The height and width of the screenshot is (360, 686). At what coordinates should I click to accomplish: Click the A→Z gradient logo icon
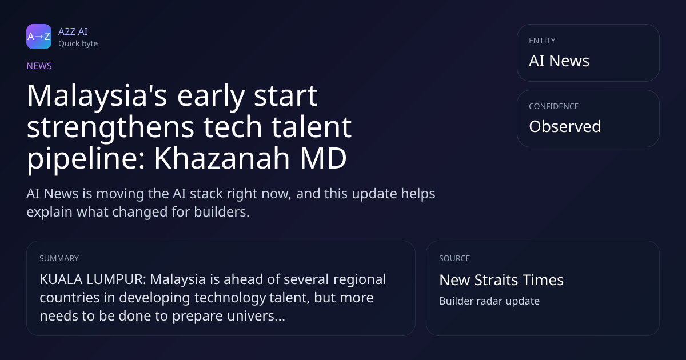pyautogui.click(x=39, y=37)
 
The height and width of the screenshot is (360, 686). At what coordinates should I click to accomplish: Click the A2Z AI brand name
pyautogui.click(x=73, y=31)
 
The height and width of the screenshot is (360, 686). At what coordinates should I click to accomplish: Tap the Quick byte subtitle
pyautogui.click(x=78, y=44)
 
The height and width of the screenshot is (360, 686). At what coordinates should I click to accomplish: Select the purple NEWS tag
pyautogui.click(x=39, y=66)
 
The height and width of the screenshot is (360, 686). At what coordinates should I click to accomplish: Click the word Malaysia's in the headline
pyautogui.click(x=97, y=96)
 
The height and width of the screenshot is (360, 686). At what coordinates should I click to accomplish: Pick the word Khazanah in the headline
pyautogui.click(x=222, y=158)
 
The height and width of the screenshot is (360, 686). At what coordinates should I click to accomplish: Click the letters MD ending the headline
pyautogui.click(x=323, y=158)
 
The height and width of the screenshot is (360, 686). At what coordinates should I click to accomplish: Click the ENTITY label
pyautogui.click(x=542, y=41)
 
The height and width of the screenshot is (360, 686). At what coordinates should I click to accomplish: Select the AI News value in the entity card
pyautogui.click(x=559, y=61)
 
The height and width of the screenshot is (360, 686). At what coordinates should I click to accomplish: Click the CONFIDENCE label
pyautogui.click(x=554, y=106)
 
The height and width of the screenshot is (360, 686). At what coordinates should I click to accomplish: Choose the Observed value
pyautogui.click(x=565, y=126)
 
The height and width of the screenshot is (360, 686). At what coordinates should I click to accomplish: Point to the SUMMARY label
pyautogui.click(x=59, y=258)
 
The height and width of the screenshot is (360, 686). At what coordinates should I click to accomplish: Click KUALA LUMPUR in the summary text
pyautogui.click(x=93, y=279)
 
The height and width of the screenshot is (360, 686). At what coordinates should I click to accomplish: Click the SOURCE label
pyautogui.click(x=454, y=258)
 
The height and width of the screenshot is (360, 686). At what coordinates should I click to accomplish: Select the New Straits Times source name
pyautogui.click(x=501, y=280)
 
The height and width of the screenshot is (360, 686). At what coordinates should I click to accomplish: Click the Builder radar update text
pyautogui.click(x=489, y=301)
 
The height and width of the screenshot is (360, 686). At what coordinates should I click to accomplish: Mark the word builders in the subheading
pyautogui.click(x=222, y=212)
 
